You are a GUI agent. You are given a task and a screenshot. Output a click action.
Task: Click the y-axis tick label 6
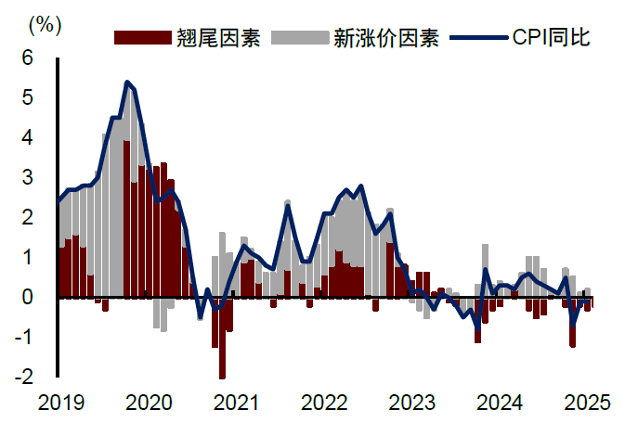click(27, 58)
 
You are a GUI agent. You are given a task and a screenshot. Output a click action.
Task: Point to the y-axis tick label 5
click(27, 97)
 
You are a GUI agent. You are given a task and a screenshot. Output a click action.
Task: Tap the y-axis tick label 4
click(27, 137)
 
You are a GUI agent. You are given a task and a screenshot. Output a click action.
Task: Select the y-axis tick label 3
click(27, 177)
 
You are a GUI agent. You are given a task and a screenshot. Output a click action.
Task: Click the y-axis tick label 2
click(27, 217)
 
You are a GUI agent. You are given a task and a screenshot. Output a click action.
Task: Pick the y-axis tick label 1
click(27, 257)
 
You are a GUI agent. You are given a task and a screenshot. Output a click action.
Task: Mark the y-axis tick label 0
click(27, 297)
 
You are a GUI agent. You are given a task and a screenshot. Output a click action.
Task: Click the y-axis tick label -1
click(23, 337)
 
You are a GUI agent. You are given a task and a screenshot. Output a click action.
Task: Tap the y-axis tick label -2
click(23, 377)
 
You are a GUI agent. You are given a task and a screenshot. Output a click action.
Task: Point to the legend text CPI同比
click(550, 38)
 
